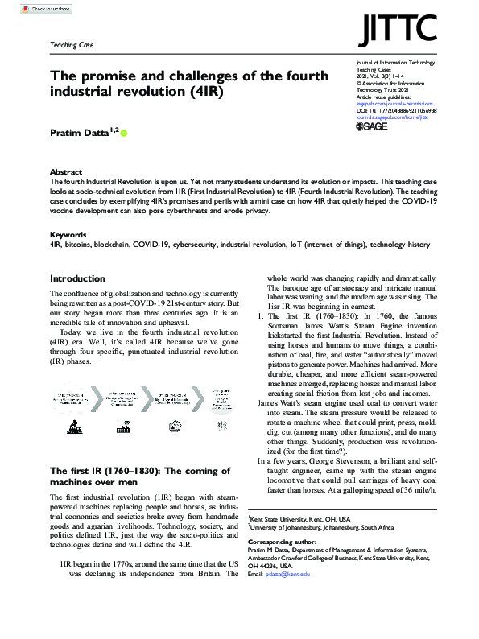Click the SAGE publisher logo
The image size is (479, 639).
click(373, 126)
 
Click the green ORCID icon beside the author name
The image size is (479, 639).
click(124, 132)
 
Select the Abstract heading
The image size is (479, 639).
click(65, 172)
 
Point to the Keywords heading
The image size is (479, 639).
click(68, 235)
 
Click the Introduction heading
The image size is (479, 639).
click(77, 278)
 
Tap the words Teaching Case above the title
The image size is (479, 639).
click(72, 46)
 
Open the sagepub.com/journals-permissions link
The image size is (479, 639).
click(394, 103)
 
